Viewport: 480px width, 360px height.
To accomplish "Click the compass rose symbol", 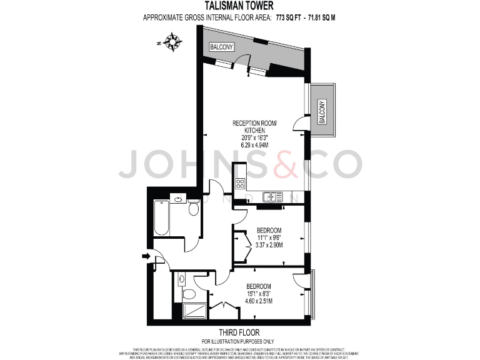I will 172,42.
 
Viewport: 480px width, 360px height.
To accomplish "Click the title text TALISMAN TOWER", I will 240,7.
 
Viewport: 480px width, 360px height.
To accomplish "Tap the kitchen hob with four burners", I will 239,183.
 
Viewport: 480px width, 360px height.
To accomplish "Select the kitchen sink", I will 271,197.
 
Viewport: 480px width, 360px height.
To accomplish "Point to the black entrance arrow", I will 146,256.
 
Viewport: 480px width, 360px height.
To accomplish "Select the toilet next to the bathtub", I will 193,209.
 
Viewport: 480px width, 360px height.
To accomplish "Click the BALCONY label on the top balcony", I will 222,47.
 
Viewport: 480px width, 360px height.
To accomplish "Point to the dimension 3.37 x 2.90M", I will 270,246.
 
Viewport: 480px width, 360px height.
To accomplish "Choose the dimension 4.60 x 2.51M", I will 258,302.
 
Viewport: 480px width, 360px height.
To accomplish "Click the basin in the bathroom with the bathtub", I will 178,200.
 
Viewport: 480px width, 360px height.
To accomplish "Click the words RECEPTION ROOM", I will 253,122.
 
